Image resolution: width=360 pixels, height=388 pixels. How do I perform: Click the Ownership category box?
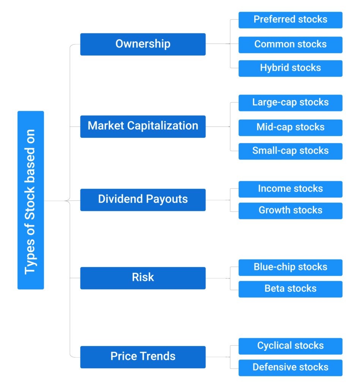pos(143,44)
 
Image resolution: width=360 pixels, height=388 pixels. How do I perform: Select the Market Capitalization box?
pos(143,127)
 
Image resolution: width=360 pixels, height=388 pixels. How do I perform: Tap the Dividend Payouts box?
pos(143,200)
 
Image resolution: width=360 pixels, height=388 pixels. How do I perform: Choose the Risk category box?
pos(143,278)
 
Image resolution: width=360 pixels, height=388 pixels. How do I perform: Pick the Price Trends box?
pos(143,357)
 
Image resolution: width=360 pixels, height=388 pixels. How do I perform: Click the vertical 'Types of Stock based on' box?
pos(31,200)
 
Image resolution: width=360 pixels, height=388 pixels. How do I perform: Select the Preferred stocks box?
pos(290,20)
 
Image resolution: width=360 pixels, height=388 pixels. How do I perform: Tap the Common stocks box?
pos(290,45)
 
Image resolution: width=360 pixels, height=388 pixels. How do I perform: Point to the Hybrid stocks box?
pos(290,68)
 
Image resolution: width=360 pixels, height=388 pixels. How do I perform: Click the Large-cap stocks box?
pos(290,103)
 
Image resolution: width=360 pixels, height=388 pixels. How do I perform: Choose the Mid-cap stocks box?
pos(290,128)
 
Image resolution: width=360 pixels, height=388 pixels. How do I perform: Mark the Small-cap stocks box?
pos(290,151)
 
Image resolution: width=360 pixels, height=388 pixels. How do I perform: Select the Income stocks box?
pos(290,189)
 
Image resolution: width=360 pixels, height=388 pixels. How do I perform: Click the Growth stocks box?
pos(290,211)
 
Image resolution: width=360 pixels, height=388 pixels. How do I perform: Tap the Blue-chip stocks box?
pos(290,268)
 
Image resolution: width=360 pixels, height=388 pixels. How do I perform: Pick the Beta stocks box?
pos(290,289)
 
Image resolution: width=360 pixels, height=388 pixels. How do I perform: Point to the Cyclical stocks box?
pos(290,346)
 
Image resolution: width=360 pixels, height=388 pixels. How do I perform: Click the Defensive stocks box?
pos(290,368)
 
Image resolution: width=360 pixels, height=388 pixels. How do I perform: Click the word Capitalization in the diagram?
pos(163,126)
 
